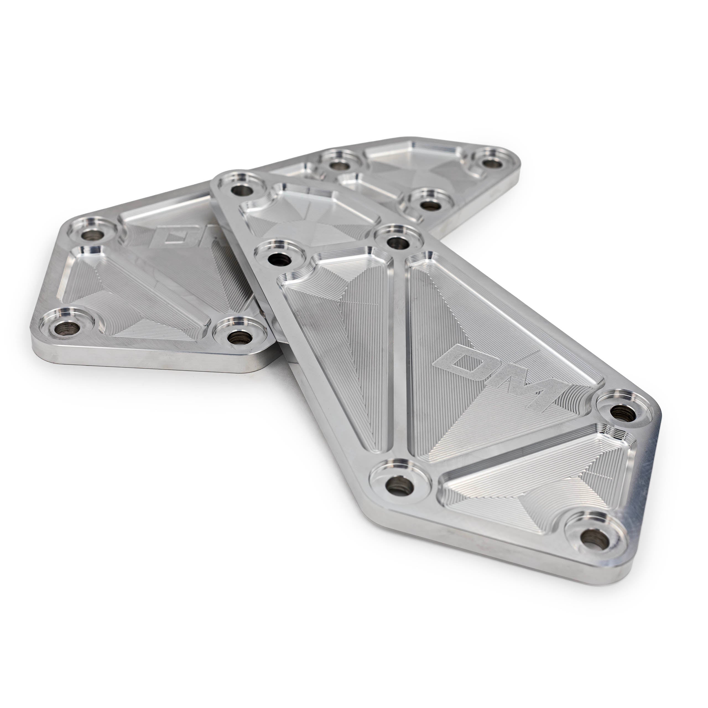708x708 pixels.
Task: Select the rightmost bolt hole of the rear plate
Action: coord(491,162)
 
